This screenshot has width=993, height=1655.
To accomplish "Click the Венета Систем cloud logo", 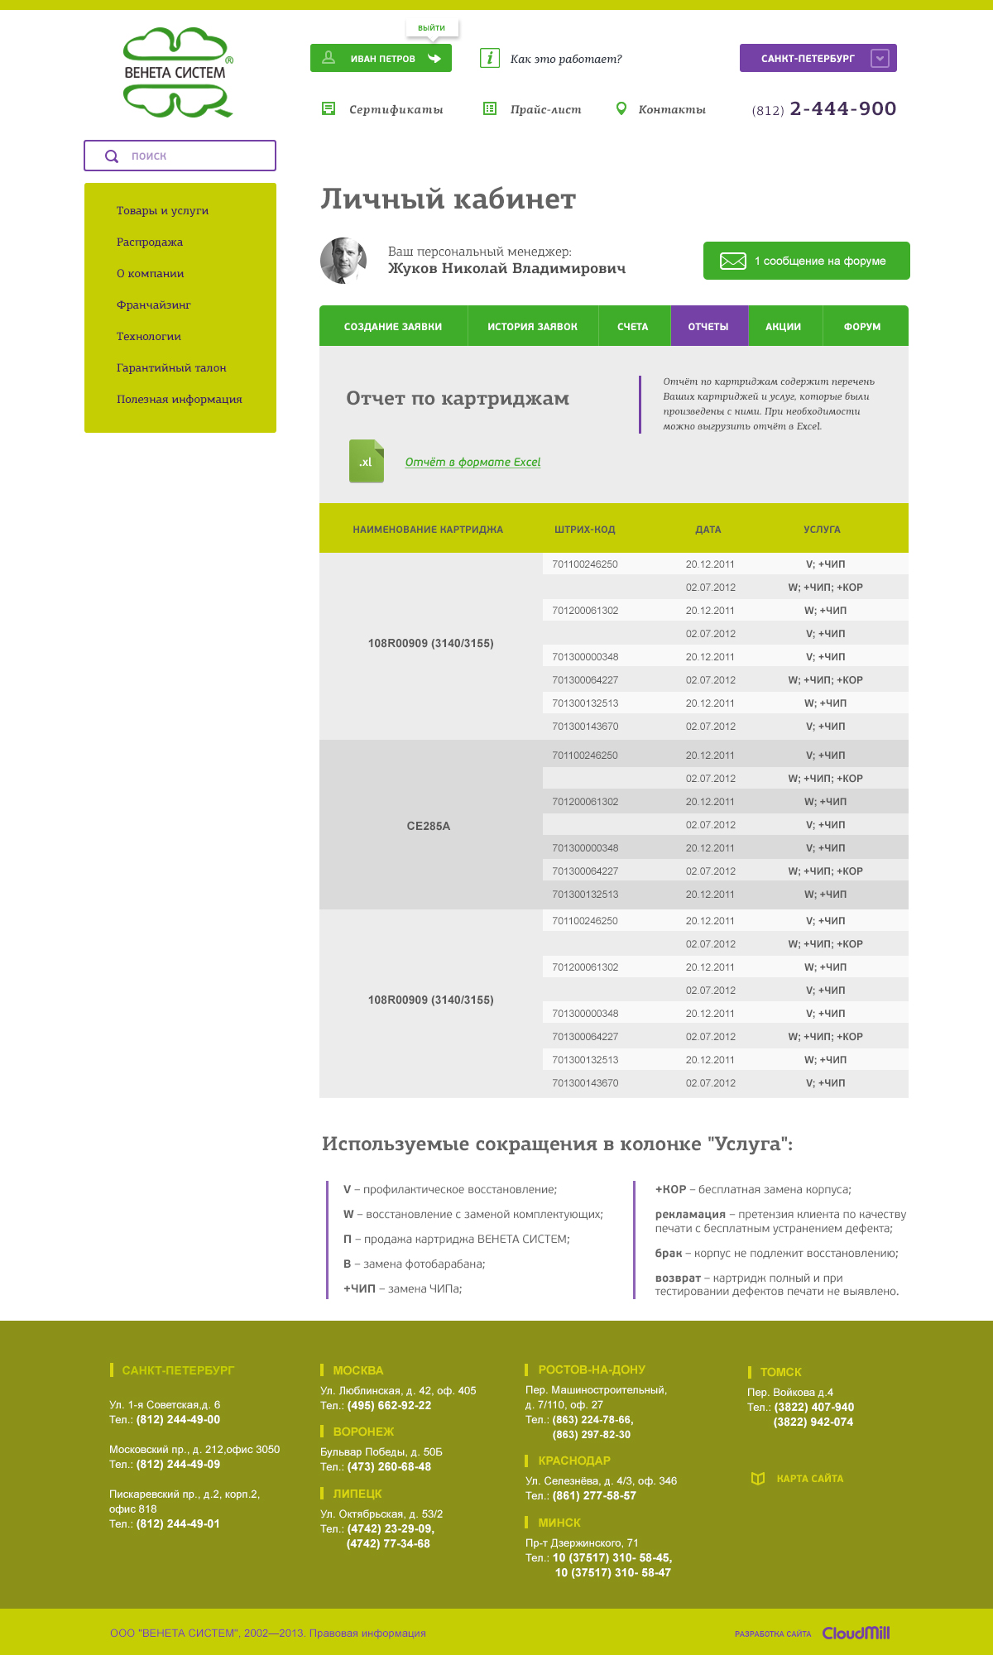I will (x=177, y=72).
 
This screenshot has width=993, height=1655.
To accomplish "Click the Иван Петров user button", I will (x=381, y=58).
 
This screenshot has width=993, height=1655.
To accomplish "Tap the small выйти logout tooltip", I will (x=431, y=27).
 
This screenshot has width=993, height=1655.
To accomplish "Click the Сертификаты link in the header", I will (x=395, y=109).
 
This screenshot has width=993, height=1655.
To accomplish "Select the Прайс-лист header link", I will (x=544, y=109).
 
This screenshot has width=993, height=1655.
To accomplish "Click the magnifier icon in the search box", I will (x=112, y=156).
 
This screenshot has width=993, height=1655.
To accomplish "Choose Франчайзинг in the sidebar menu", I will (x=153, y=305).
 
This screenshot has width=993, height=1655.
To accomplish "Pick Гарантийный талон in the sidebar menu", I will (x=171, y=367).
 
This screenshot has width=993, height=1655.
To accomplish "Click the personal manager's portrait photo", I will (x=343, y=261).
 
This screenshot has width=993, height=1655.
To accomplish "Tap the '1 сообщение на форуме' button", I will (x=806, y=261).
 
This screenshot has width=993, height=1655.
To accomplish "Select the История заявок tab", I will (x=532, y=326).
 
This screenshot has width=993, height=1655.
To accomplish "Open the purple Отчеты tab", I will (x=708, y=326).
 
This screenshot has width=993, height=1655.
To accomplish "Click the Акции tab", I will (x=783, y=326).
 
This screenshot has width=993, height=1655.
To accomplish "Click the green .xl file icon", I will (x=366, y=461).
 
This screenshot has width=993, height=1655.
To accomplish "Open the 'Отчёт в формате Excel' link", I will (x=473, y=462).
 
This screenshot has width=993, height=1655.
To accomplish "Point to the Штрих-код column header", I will (x=584, y=530).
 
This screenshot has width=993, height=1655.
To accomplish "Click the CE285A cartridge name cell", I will (x=429, y=826).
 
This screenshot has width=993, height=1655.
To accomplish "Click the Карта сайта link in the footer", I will (x=808, y=1479).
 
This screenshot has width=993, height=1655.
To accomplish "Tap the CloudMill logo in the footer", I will (x=856, y=1633).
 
